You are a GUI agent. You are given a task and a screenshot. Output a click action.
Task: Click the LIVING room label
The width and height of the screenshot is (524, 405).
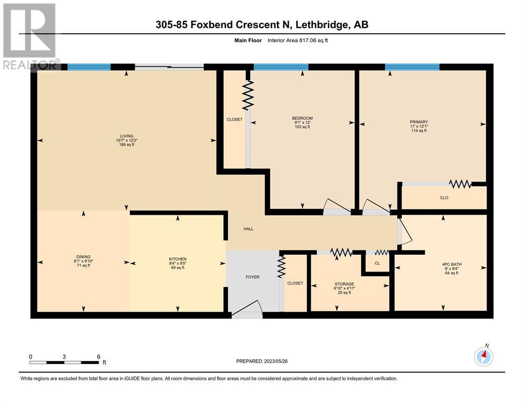[127, 136]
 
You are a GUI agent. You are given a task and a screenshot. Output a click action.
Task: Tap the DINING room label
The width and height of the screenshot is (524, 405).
[83, 257]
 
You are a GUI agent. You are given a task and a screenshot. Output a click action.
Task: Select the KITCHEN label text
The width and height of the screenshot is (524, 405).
[178, 259]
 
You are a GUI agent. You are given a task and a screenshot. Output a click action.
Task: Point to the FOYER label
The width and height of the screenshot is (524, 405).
[252, 277]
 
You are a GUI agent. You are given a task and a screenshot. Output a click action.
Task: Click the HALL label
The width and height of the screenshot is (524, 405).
[249, 229]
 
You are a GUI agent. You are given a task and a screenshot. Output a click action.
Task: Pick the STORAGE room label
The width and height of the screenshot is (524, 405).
[344, 284]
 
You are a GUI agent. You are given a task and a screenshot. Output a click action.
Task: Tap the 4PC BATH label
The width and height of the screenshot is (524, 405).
[452, 264]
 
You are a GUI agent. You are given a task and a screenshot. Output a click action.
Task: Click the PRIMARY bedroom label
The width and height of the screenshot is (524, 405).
[419, 122]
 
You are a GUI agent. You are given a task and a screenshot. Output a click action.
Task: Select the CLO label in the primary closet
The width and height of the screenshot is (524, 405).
[444, 198]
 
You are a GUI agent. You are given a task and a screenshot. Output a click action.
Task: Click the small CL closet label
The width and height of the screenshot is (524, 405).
[377, 263]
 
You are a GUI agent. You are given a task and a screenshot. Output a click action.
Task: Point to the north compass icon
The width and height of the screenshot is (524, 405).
[483, 356]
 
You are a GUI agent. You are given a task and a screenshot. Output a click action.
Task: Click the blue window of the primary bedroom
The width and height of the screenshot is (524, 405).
[412, 67]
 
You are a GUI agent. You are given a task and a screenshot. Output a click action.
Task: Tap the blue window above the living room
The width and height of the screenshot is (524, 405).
[89, 67]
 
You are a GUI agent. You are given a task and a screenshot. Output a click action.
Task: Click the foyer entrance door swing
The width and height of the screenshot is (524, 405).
[247, 306]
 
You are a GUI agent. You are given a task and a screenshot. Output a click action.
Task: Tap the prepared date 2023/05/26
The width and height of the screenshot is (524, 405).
[275, 361]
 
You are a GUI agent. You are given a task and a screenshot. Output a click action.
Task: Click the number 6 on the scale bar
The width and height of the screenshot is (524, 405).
[99, 356]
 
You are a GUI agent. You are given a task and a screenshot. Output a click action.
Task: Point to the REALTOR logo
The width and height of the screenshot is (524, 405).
[31, 37]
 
